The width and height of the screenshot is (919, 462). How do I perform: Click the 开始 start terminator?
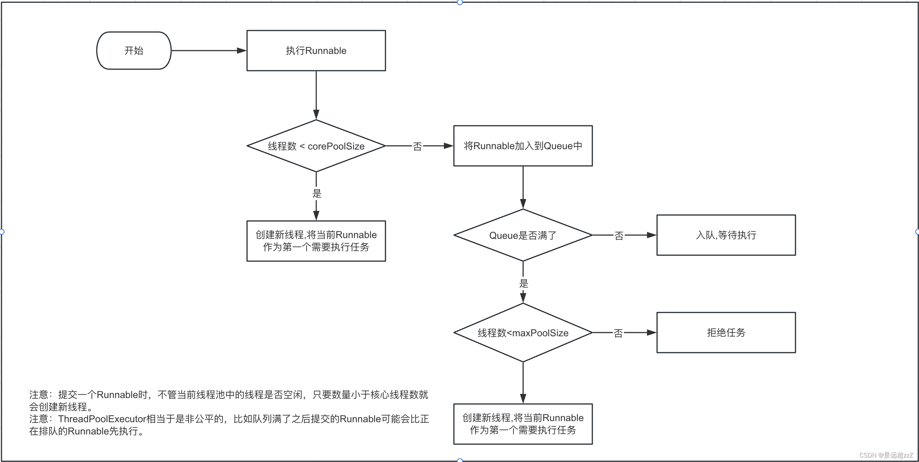(134, 51)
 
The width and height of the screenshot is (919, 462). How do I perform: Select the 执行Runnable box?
(316, 51)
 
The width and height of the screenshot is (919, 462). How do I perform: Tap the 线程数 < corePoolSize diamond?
(316, 146)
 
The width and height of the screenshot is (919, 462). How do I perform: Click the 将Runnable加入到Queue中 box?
(523, 146)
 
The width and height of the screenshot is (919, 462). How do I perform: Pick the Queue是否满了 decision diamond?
(523, 235)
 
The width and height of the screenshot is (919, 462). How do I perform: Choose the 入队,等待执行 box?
(726, 235)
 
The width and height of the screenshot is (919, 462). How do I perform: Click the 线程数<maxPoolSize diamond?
(523, 333)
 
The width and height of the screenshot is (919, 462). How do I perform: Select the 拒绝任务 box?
(726, 333)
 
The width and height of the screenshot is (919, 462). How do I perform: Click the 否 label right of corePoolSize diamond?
(417, 147)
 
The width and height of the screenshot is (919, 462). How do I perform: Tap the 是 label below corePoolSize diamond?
(317, 193)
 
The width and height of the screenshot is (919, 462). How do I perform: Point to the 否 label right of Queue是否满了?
(619, 236)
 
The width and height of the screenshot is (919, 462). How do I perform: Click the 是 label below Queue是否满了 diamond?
(523, 283)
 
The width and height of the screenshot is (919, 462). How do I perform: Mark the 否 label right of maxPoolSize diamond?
(618, 333)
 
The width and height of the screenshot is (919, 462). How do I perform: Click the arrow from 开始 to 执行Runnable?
(208, 51)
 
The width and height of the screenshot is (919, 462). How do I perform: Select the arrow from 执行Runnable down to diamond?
(316, 95)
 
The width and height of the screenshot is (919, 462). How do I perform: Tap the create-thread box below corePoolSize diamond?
(316, 241)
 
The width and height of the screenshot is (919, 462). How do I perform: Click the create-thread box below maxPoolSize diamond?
(523, 424)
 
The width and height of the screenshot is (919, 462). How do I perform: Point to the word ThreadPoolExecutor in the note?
(102, 419)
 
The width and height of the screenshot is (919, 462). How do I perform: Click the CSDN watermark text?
(886, 455)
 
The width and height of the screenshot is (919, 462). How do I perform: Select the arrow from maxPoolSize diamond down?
(523, 382)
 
